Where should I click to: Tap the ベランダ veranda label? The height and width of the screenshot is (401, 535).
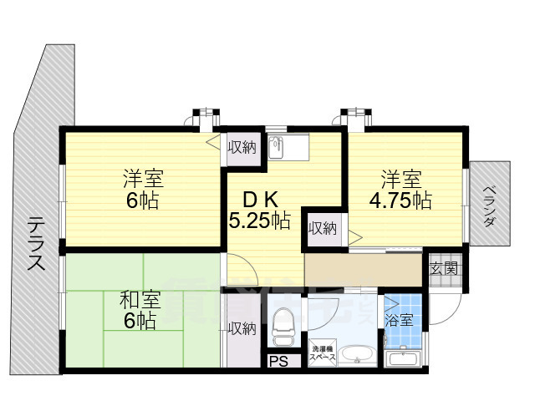point(491,204)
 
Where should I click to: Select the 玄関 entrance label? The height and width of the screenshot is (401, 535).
point(443,269)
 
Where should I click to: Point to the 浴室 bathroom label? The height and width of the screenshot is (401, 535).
point(398,319)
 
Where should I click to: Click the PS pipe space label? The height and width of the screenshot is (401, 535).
point(277,362)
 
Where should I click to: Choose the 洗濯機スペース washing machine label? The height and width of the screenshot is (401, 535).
point(324,353)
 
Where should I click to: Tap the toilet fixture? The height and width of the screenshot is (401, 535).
point(283,325)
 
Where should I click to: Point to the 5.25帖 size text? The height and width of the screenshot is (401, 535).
point(260,221)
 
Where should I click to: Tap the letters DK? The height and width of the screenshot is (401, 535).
point(260,200)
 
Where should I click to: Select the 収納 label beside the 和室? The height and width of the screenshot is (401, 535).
point(243,328)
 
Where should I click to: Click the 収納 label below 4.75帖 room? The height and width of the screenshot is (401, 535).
point(322,227)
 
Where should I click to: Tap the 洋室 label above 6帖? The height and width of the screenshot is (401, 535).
point(143,179)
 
